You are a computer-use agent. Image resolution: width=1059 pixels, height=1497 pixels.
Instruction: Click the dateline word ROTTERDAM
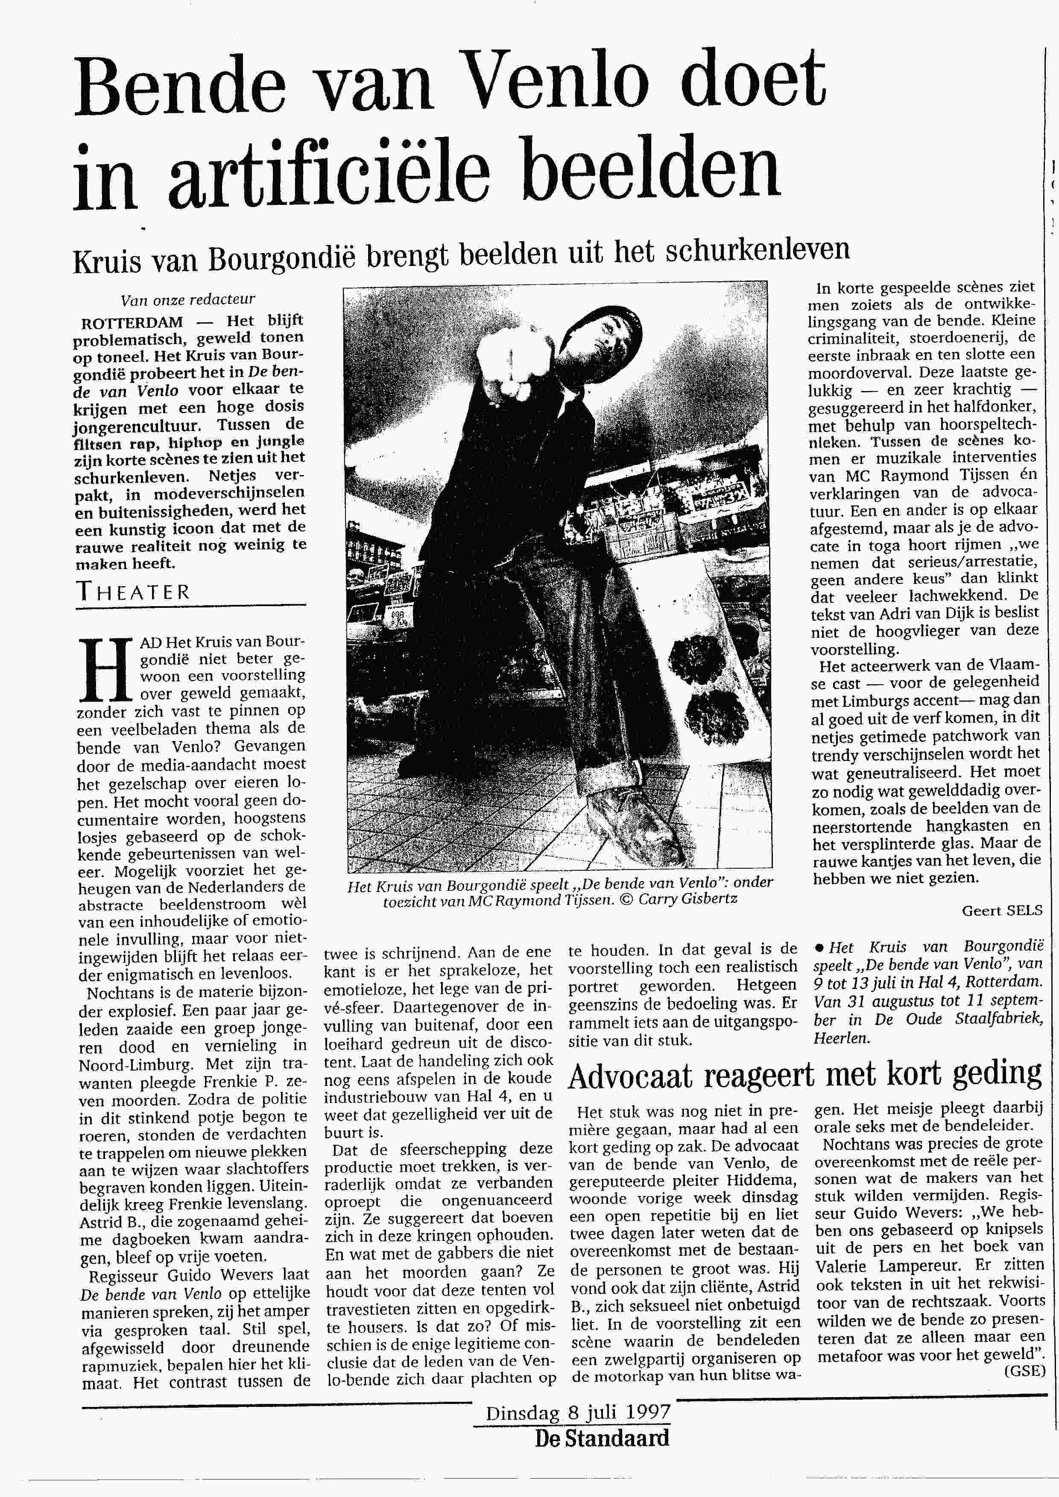132,322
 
